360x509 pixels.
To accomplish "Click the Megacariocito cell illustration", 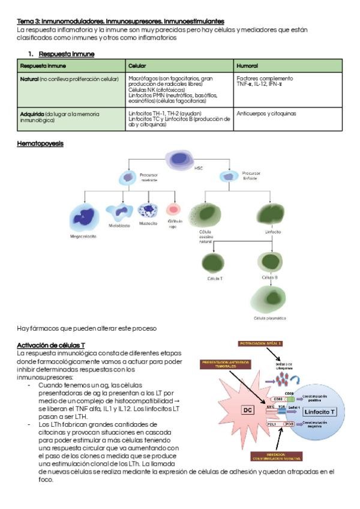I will click(83, 217).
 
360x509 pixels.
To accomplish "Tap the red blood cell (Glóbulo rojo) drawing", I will click(173, 210).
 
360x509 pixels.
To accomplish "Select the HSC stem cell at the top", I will click(179, 159).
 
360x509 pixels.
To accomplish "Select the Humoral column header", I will click(248, 65).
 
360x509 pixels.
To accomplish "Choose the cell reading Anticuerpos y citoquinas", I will click(266, 113).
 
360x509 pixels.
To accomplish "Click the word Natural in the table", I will click(29, 79).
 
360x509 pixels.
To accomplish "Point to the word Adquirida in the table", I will click(32, 113).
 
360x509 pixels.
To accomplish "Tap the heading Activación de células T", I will click(51, 346).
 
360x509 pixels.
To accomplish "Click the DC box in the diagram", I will click(247, 410).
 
